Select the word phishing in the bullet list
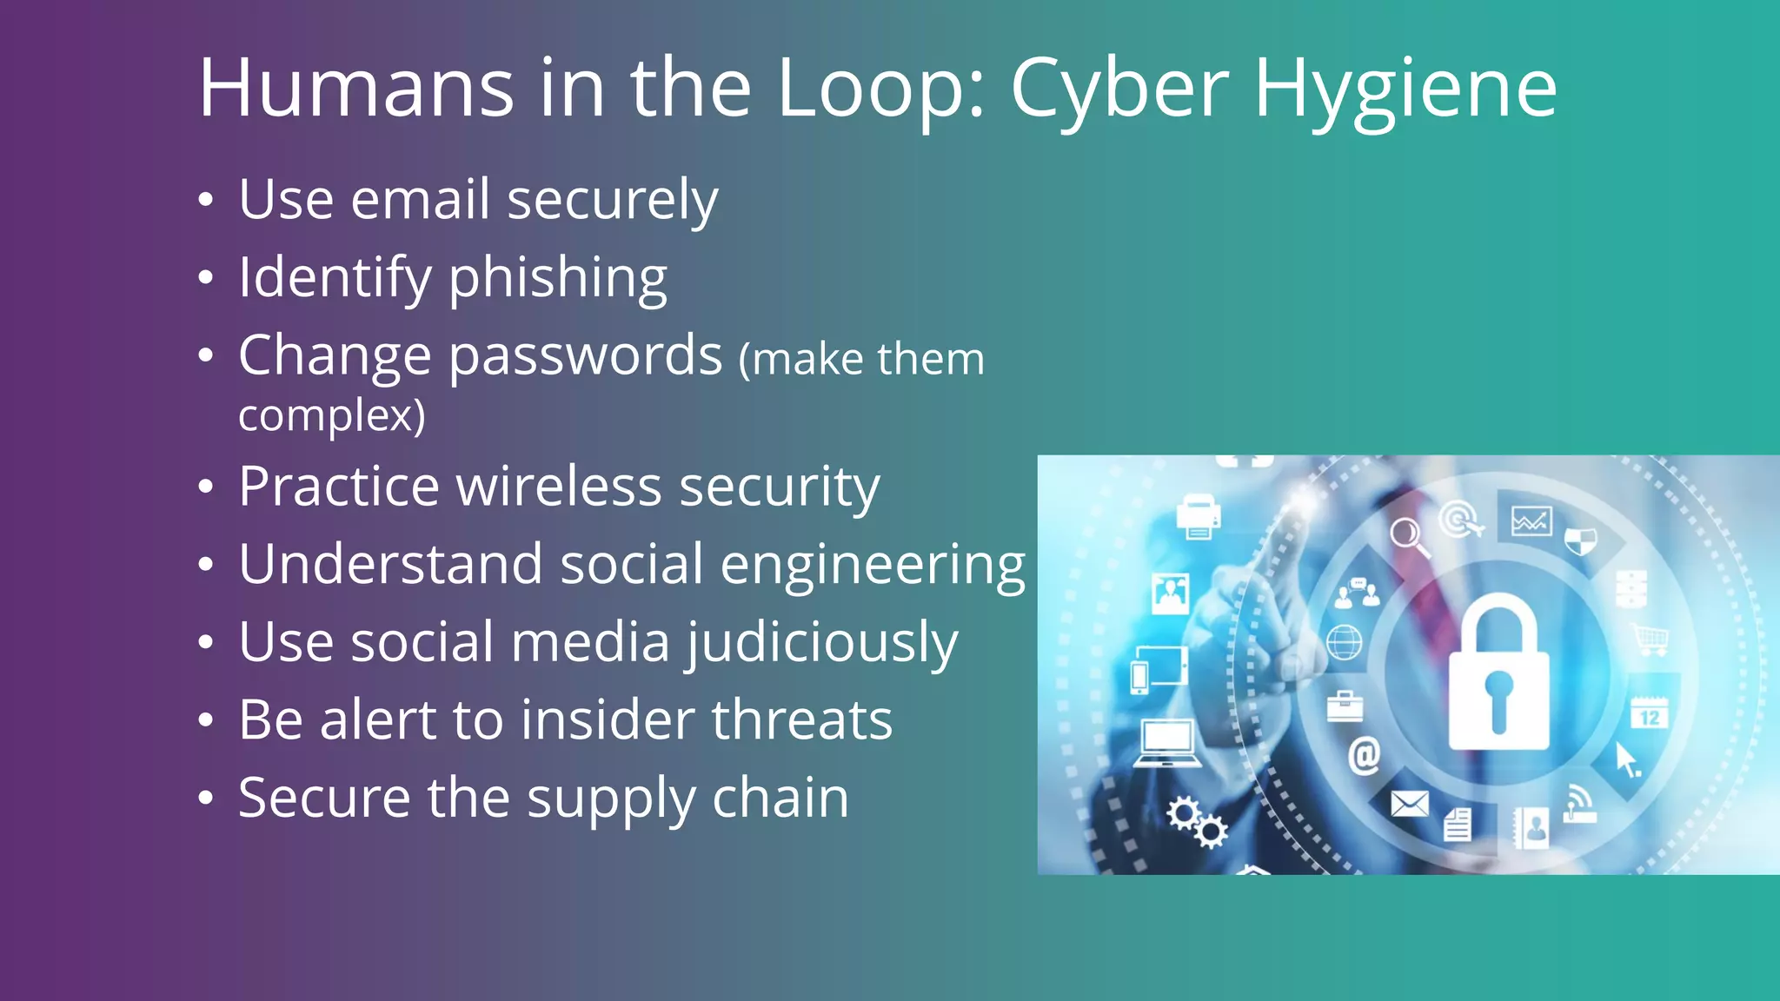[x=557, y=278]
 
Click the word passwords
[x=586, y=355]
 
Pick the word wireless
[x=559, y=486]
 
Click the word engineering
[x=873, y=565]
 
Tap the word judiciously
[x=822, y=643]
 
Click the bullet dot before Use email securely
[x=205, y=201]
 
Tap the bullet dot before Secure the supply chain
[x=205, y=798]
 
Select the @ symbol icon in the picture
[x=1364, y=754]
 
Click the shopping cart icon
[x=1650, y=640]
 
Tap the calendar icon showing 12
[x=1649, y=713]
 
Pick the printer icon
[x=1198, y=516]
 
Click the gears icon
[x=1197, y=822]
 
